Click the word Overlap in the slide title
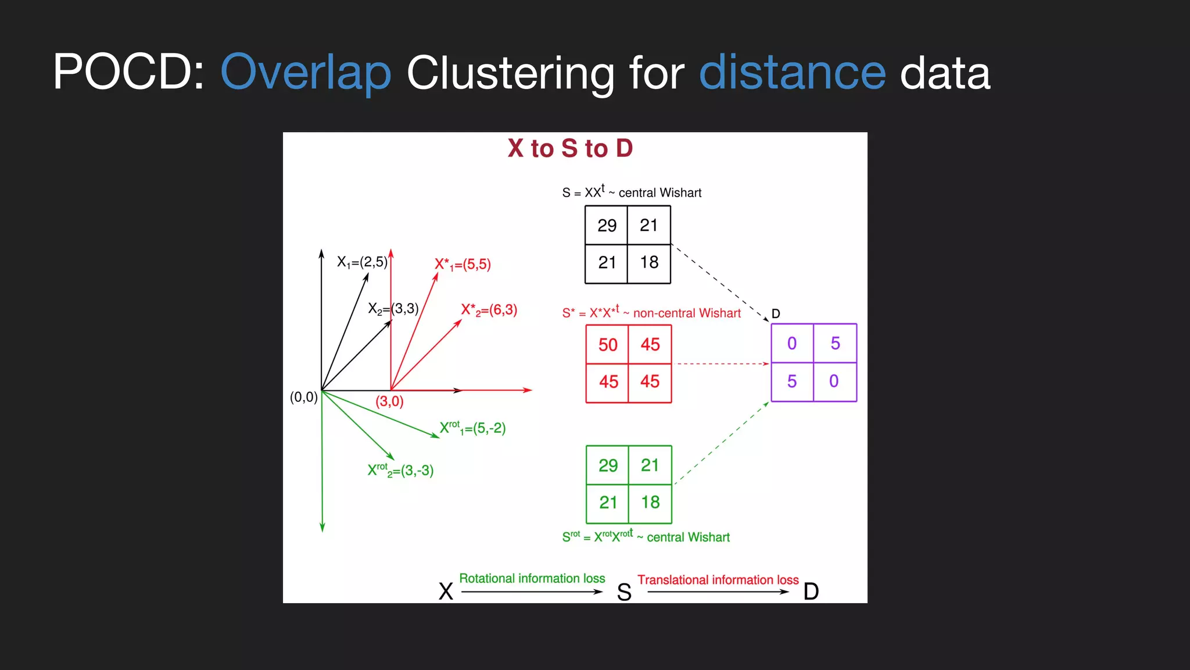coord(306,73)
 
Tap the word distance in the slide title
coord(792,73)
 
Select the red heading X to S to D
coord(570,148)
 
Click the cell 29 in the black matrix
coord(607,226)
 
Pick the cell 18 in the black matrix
coord(649,263)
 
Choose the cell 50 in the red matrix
coord(608,345)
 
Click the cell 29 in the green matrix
coord(608,465)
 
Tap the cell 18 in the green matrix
coord(650,502)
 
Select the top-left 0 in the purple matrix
coord(792,344)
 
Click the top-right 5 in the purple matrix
coord(835,344)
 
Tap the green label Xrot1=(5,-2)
coord(472,428)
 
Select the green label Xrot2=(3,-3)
coord(400,471)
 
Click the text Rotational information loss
coord(532,579)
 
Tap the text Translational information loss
coord(718,580)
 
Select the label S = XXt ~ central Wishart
coord(632,192)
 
